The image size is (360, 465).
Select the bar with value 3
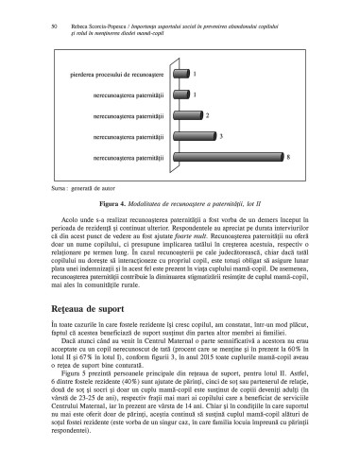tap(190, 135)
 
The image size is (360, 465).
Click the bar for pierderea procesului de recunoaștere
tap(177, 73)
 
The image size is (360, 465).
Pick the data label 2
tap(207, 114)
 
